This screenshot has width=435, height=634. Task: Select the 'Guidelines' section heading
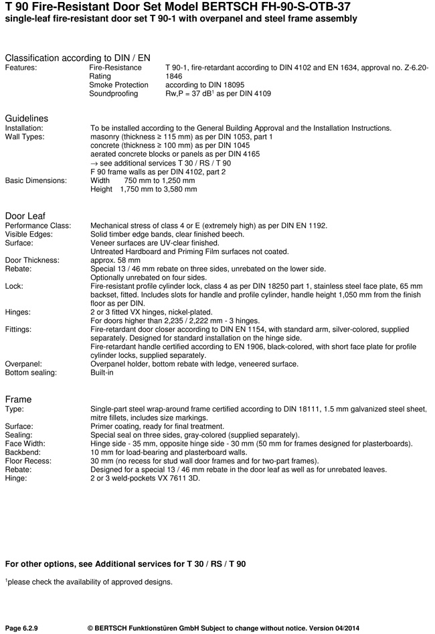point(27,119)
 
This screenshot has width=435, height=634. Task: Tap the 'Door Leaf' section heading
point(25,216)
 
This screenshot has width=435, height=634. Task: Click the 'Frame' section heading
point(18,399)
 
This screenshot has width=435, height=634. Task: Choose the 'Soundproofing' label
point(113,94)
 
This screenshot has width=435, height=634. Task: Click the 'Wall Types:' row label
point(25,137)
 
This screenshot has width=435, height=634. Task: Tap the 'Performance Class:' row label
point(38,225)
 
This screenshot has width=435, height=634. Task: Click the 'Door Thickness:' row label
point(33,260)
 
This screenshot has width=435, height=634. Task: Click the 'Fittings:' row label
point(19,330)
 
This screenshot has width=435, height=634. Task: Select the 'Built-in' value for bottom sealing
point(102,373)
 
